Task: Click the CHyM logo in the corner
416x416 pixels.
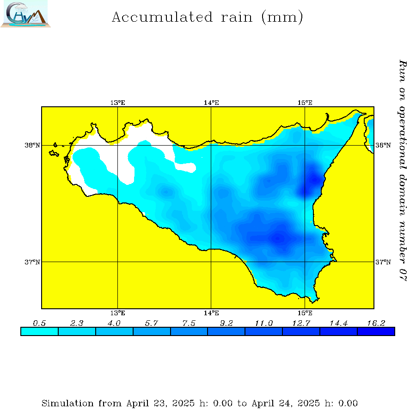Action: [25, 14]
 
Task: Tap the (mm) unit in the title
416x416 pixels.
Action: [282, 18]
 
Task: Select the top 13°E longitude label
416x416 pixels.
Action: [117, 103]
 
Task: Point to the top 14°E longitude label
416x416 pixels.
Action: [211, 103]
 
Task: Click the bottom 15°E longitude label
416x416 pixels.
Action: [305, 313]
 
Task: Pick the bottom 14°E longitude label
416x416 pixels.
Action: [211, 313]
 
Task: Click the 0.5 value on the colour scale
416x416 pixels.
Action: [39, 323]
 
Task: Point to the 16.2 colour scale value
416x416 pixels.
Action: [376, 323]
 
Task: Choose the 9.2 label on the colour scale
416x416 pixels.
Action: [226, 323]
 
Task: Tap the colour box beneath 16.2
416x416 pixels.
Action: [376, 331]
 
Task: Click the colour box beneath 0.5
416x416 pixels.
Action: [39, 331]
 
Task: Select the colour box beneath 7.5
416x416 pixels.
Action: [189, 331]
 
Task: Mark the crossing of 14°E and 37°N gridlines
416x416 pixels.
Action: [211, 262]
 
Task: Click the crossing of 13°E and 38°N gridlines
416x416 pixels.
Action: [117, 145]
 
